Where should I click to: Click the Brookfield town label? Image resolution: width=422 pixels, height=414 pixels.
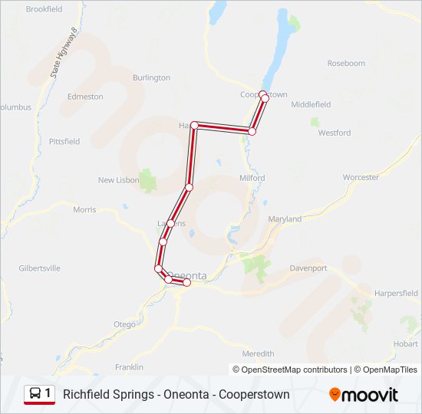pyautogui.click(x=44, y=9)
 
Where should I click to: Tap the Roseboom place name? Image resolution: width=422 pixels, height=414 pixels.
pyautogui.click(x=346, y=64)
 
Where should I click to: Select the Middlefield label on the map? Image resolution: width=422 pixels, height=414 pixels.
pyautogui.click(x=311, y=104)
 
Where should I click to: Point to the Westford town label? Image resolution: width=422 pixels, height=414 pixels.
pyautogui.click(x=335, y=133)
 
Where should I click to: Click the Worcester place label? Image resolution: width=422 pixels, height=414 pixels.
pyautogui.click(x=361, y=177)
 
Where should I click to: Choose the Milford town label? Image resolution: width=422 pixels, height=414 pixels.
pyautogui.click(x=252, y=178)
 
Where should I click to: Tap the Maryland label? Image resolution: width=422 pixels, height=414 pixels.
pyautogui.click(x=285, y=219)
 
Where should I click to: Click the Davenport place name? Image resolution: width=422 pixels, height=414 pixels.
pyautogui.click(x=308, y=268)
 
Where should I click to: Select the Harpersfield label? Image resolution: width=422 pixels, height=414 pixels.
pyautogui.click(x=396, y=294)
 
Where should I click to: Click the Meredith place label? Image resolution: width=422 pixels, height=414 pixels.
pyautogui.click(x=258, y=353)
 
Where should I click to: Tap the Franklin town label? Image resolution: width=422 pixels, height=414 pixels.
pyautogui.click(x=129, y=367)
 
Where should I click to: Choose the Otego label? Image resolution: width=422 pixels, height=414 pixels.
pyautogui.click(x=124, y=325)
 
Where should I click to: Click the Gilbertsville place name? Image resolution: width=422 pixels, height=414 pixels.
pyautogui.click(x=40, y=268)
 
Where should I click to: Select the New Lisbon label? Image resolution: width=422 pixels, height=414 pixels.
pyautogui.click(x=118, y=180)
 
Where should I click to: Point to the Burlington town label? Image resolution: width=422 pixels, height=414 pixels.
pyautogui.click(x=151, y=78)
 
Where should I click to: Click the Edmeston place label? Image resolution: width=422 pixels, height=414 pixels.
pyautogui.click(x=85, y=97)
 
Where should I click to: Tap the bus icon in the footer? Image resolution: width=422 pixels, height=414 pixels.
pyautogui.click(x=36, y=394)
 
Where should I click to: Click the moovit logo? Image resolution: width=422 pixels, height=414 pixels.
pyautogui.click(x=364, y=395)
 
